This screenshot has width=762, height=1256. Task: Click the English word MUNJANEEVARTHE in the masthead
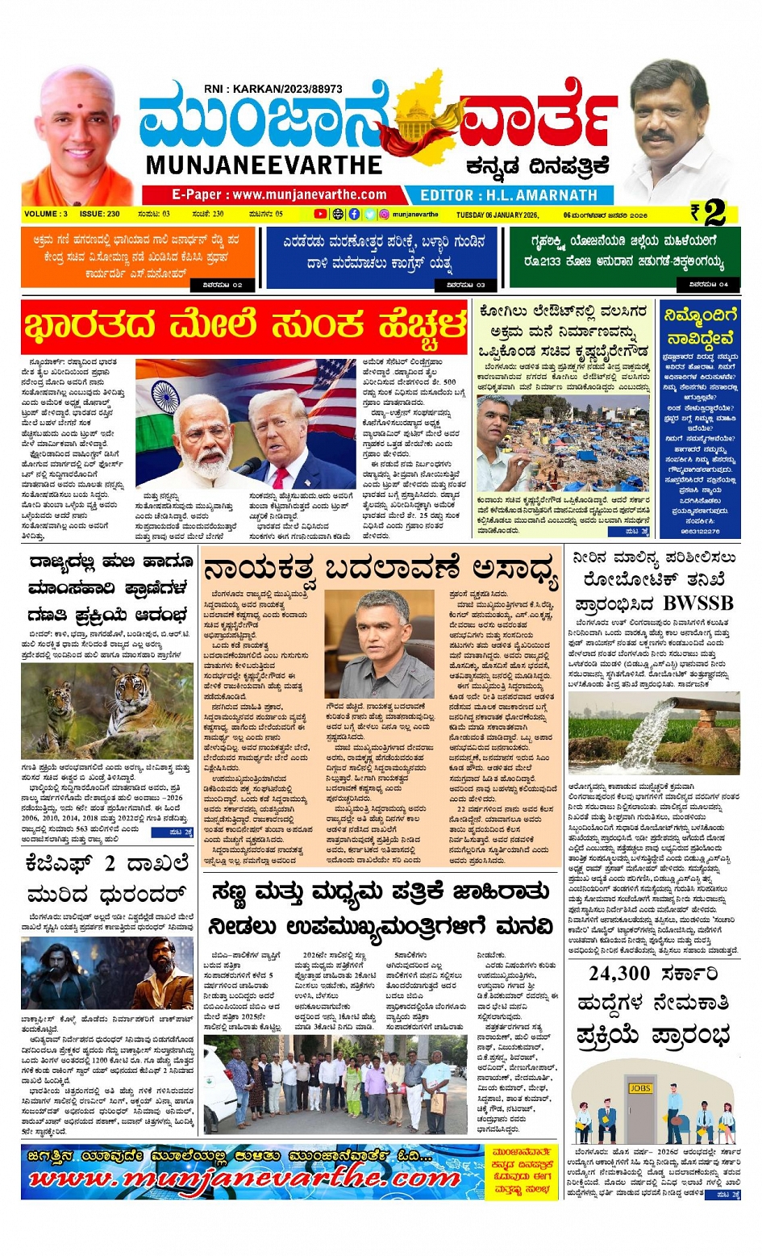264,165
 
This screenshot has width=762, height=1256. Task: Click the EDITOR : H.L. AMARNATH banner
509,195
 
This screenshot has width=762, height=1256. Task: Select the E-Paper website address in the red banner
279,194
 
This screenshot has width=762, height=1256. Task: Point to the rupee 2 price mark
708,213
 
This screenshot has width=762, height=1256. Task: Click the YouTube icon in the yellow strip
320,215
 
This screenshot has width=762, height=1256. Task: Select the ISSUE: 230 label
99,215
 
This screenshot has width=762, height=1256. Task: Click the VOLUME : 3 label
46,215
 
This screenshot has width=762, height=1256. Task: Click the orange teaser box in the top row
138,257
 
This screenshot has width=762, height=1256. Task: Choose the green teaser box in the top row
624,257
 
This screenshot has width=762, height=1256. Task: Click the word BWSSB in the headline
698,603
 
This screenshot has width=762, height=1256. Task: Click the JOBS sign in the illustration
639,1088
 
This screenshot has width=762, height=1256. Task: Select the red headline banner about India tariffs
245,327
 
